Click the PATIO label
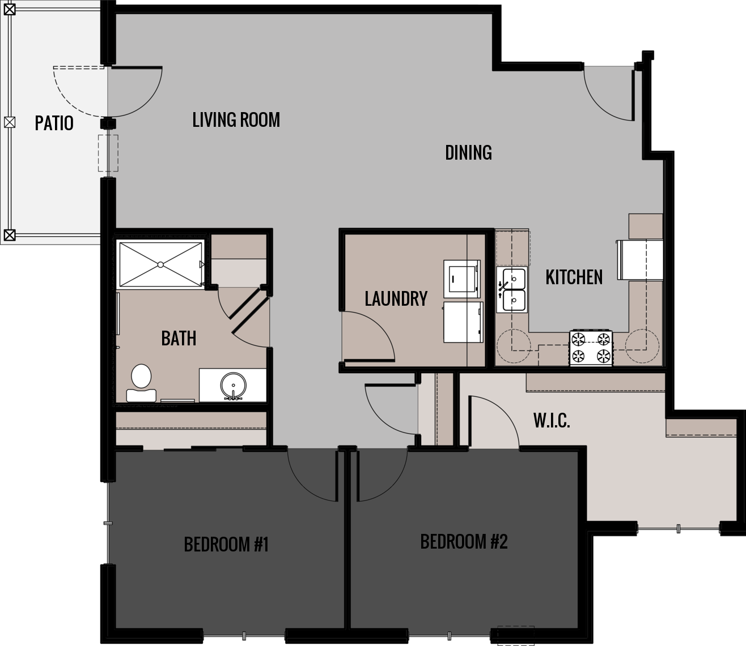[x=54, y=123]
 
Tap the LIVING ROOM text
[x=236, y=120]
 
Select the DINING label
[x=468, y=152]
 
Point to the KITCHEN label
[x=574, y=277]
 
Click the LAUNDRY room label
[x=396, y=298]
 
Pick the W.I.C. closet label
[x=551, y=421]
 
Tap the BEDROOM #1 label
[x=226, y=544]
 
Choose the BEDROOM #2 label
[x=464, y=541]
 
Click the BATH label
[x=179, y=338]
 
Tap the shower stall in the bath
[x=160, y=264]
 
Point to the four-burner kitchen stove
[x=591, y=348]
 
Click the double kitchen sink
[x=511, y=290]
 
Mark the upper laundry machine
[x=461, y=278]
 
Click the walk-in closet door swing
[x=493, y=422]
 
